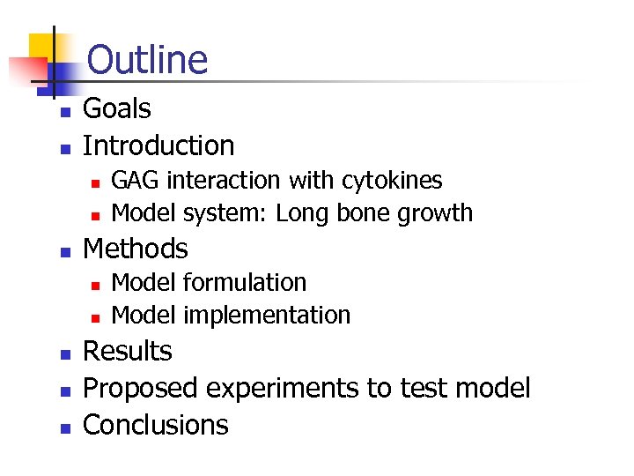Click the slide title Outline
point(148,60)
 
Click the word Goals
point(116,109)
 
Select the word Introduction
point(158,145)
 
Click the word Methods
point(135,249)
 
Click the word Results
point(127,351)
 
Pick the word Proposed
point(140,389)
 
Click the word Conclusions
point(155,425)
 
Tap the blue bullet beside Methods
point(63,252)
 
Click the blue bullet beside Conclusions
point(63,428)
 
